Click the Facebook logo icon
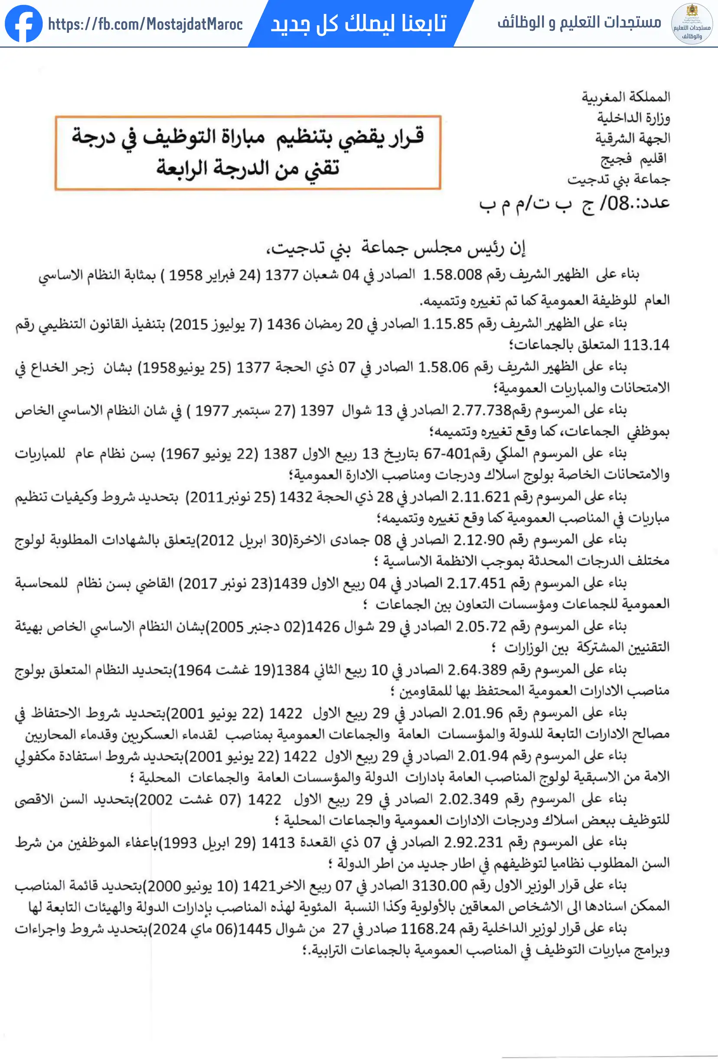pyautogui.click(x=24, y=24)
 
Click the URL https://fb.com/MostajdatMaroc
pyautogui.click(x=145, y=24)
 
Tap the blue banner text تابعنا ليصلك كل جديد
pyautogui.click(x=359, y=23)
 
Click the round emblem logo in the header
pyautogui.click(x=692, y=24)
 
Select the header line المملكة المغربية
pyautogui.click(x=626, y=97)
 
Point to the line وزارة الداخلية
pyautogui.click(x=633, y=118)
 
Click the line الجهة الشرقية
pyautogui.click(x=632, y=138)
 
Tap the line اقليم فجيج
pyautogui.click(x=634, y=159)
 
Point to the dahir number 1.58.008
pyautogui.click(x=452, y=275)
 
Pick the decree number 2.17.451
pyautogui.click(x=476, y=583)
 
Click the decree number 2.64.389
pyautogui.click(x=477, y=670)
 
